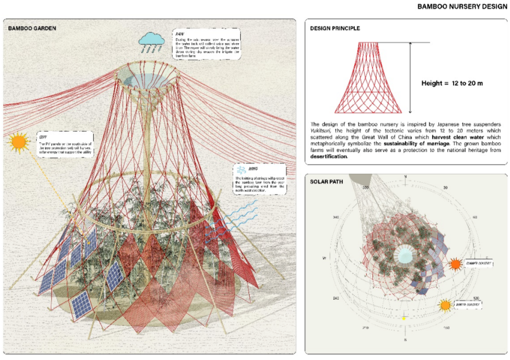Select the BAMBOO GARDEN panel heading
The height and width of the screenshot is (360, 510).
[32, 27]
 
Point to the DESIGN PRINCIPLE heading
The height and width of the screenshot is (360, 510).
[335, 28]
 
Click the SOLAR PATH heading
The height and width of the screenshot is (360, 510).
[326, 182]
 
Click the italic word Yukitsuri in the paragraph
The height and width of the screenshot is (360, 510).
[322, 130]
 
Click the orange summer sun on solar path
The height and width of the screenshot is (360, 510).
[456, 264]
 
